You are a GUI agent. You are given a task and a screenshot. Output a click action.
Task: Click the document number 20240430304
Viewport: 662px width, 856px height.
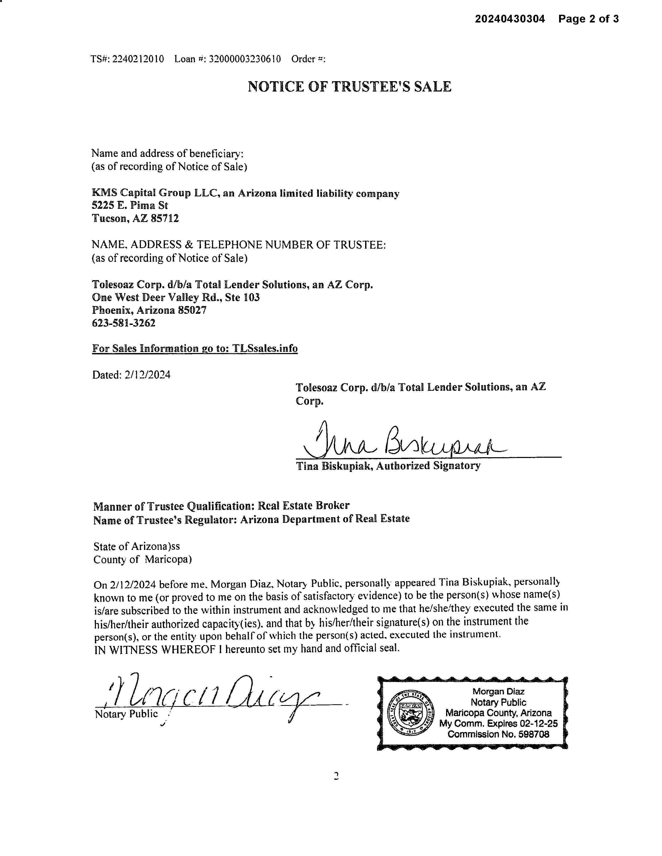coord(510,19)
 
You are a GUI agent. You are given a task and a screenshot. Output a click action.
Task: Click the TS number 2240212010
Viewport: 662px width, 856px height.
coord(138,59)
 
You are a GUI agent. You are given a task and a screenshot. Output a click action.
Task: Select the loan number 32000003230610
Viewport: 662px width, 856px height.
coord(245,59)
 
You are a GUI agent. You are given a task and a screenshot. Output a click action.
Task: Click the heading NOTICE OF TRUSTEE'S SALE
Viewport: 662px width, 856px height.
coord(349,87)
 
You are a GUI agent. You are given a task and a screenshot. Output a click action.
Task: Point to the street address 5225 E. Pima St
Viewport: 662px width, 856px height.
coord(130,205)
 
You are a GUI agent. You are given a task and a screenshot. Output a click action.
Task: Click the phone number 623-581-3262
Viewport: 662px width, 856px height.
coord(124,323)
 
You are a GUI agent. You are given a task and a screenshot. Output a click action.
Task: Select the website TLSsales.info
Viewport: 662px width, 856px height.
coord(265,348)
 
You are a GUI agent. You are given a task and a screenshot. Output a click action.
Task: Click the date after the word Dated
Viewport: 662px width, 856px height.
coord(147,375)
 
